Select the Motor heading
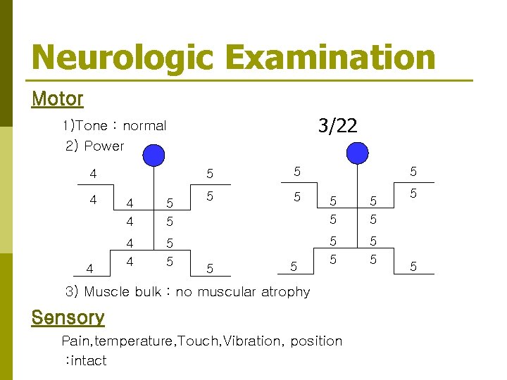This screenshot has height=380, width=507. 58,99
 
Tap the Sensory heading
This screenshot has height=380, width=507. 68,318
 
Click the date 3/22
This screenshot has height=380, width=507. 337,126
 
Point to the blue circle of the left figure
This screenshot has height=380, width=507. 154,154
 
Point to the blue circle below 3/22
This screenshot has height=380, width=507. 358,153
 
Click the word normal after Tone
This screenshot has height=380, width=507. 144,126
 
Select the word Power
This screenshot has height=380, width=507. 104,146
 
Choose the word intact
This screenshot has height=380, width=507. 87,361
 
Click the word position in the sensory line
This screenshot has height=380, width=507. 316,341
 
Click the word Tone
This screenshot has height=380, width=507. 91,126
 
